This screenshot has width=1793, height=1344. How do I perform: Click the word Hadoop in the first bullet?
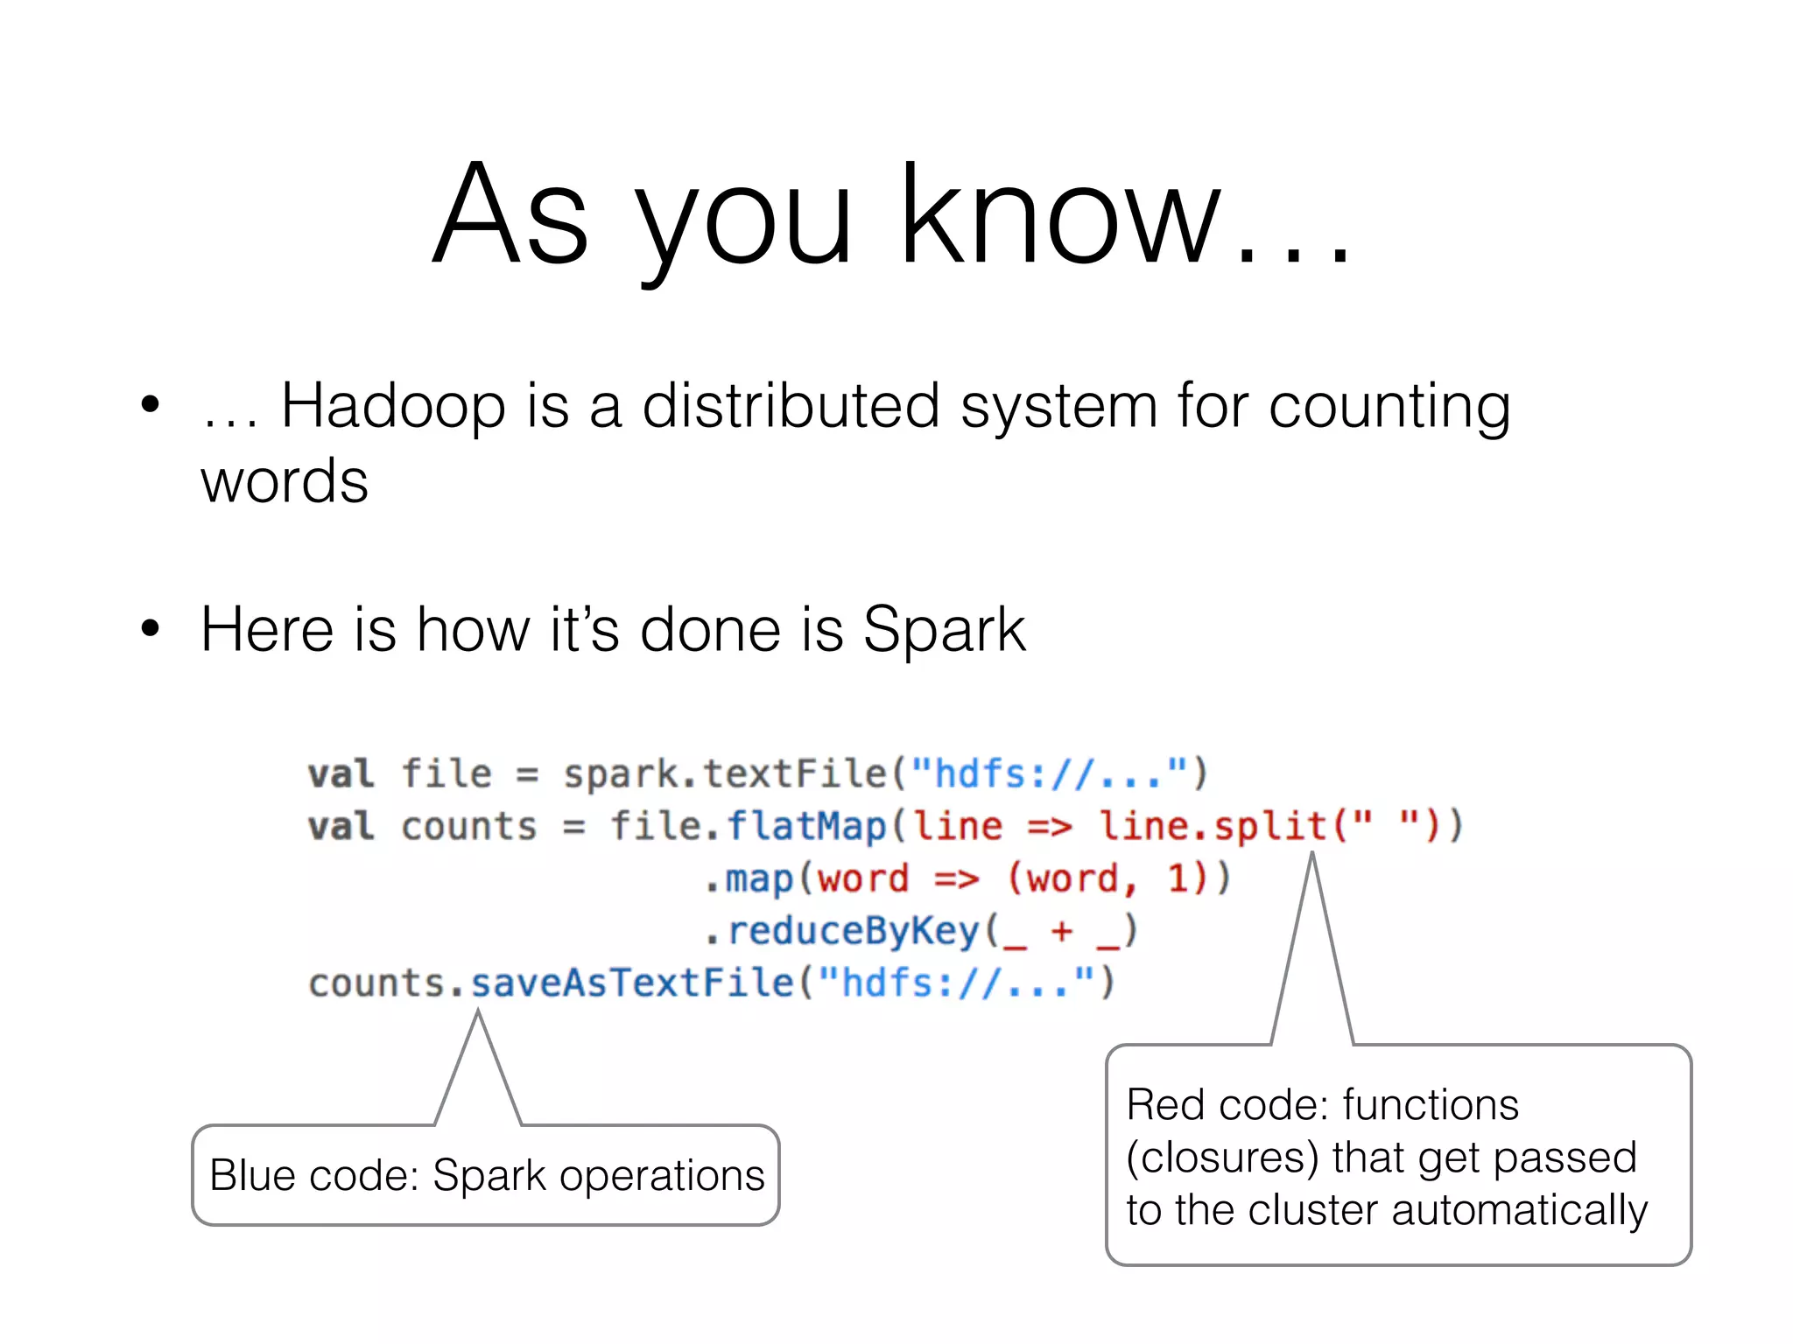point(392,406)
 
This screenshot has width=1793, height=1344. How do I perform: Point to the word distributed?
point(791,406)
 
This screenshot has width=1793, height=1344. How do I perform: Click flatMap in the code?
point(806,827)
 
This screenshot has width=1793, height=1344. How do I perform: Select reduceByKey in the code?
point(854,931)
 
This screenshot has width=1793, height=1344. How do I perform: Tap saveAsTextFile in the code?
point(632,983)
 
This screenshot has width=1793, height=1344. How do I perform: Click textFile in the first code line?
point(795,774)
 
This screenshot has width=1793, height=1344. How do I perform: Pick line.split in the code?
point(1213,827)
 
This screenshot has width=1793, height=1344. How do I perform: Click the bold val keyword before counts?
point(341,827)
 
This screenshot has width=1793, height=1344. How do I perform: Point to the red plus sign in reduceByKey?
point(1061,931)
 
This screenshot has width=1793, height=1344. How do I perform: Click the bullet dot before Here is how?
point(151,628)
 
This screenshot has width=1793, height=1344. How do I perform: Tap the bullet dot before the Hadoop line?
point(151,405)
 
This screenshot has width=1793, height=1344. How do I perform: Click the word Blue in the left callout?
point(252,1175)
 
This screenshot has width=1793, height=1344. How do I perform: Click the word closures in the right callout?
point(1223,1158)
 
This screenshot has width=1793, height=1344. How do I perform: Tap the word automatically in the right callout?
point(1519,1212)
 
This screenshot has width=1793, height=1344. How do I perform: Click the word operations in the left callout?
point(662,1177)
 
